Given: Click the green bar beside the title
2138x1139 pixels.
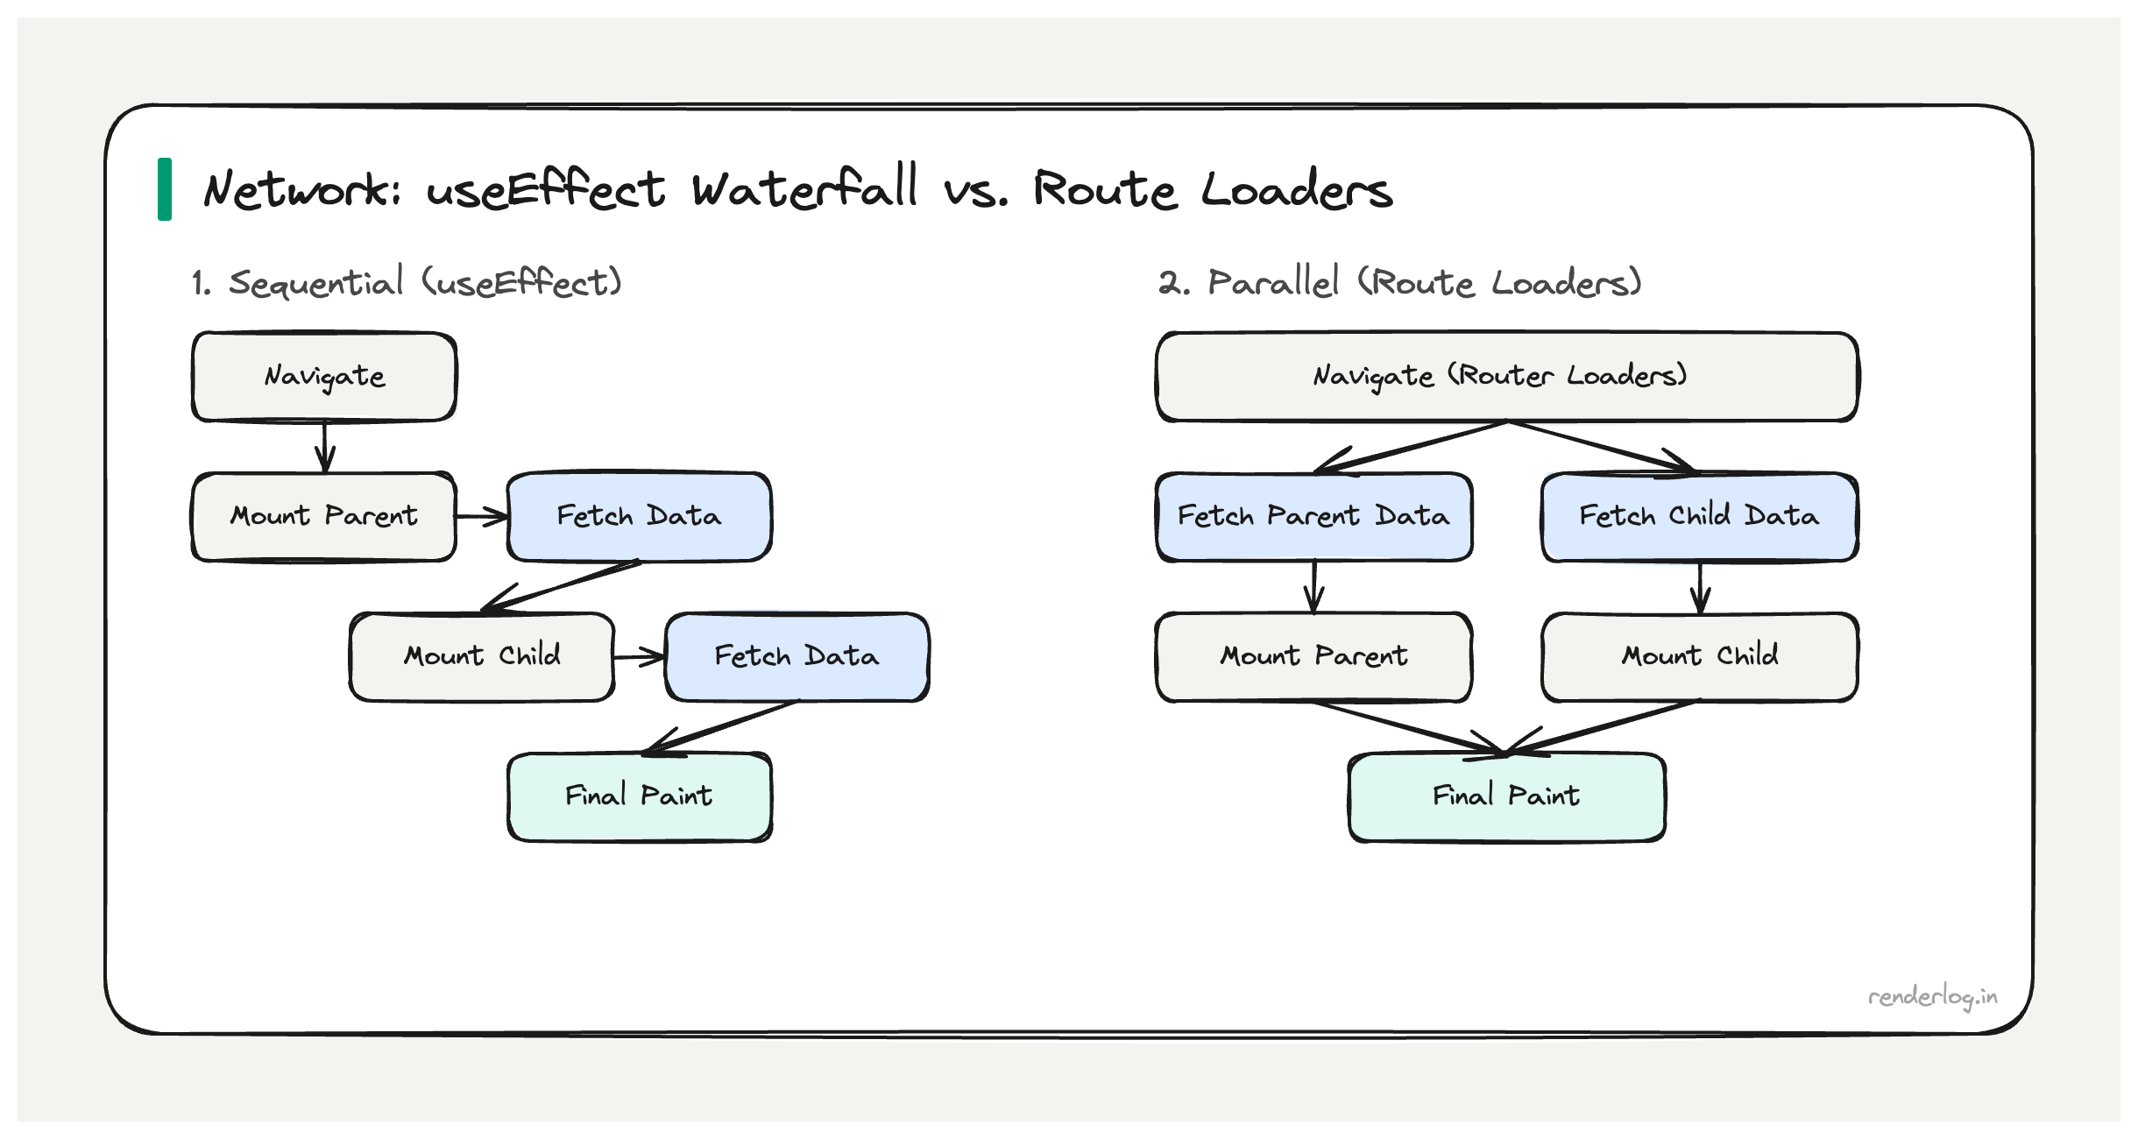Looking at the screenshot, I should [x=165, y=189].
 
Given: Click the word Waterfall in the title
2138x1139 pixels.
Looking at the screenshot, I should [x=804, y=189].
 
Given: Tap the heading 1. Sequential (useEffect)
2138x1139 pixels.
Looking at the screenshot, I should [x=407, y=283].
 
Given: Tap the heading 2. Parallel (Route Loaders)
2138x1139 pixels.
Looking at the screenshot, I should [x=1399, y=283].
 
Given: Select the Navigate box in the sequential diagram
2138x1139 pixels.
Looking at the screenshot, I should [x=324, y=377].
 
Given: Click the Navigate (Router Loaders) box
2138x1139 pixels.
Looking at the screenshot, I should [x=1506, y=377].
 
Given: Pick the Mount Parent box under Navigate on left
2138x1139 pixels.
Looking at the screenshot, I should [x=324, y=517].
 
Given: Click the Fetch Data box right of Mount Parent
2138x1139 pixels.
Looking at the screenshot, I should [x=639, y=517].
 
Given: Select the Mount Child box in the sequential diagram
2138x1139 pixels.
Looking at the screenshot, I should [x=482, y=657].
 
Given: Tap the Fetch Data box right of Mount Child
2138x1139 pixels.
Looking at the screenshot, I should [x=796, y=657].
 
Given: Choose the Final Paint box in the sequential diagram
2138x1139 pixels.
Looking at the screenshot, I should [x=639, y=797].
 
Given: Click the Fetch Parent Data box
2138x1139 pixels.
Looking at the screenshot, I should [x=1313, y=517].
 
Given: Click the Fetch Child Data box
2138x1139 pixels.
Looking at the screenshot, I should [x=1699, y=517].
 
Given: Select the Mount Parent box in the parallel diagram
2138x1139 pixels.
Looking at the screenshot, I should [x=1313, y=657].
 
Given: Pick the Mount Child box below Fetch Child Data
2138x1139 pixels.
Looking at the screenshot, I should [x=1699, y=657].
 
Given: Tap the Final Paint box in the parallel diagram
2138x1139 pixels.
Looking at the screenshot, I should [x=1506, y=797].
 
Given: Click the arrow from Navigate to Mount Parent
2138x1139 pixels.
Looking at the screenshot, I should [x=325, y=447].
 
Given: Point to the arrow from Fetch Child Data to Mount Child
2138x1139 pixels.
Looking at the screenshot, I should [x=1700, y=587].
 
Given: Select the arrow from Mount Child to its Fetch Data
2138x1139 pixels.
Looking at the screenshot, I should [x=639, y=657].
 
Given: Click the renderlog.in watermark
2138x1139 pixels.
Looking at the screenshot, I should [x=1932, y=998].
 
